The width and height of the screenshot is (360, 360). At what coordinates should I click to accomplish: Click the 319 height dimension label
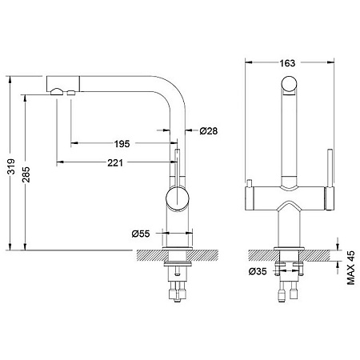coord(11,166)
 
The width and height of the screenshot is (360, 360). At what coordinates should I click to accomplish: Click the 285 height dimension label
coord(26,174)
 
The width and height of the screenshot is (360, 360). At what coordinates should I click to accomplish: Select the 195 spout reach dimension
coord(122,144)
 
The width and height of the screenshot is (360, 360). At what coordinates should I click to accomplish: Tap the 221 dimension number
coord(115,162)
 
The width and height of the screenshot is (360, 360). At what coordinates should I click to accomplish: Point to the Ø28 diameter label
coord(209,130)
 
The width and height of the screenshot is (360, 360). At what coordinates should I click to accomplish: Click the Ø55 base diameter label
coord(141,234)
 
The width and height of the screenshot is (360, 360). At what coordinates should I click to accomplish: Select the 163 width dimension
coord(287,63)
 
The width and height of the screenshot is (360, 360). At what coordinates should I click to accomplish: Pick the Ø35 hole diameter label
coord(258,271)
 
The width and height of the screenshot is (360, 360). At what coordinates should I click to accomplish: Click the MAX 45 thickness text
coord(351,267)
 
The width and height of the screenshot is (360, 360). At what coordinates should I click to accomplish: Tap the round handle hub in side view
coord(178,198)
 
